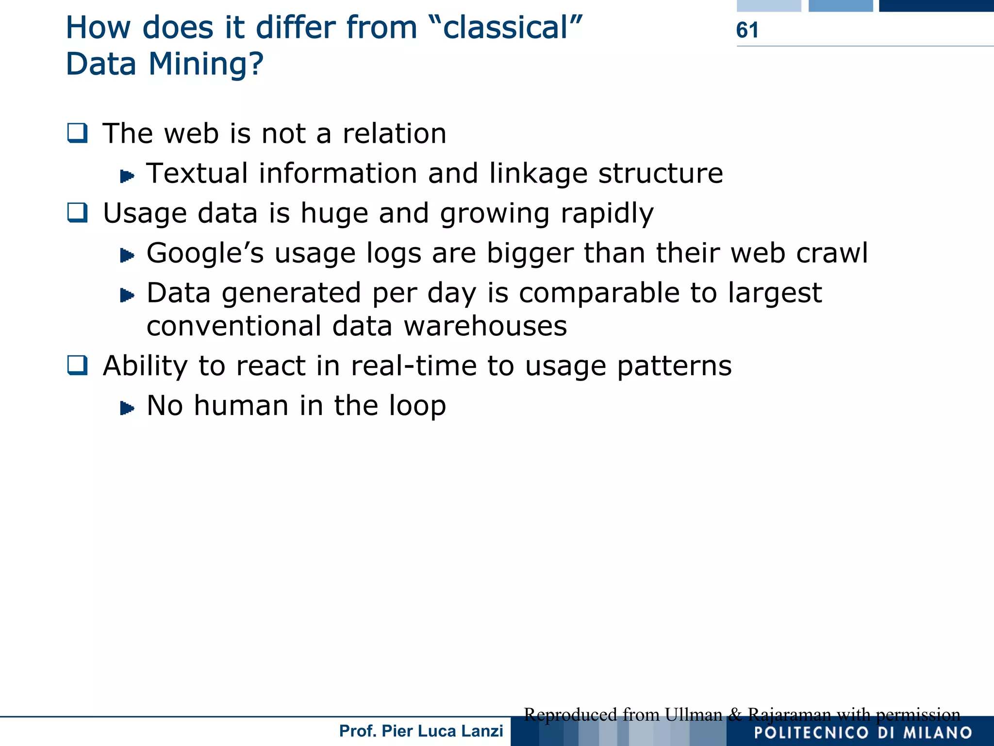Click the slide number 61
pyautogui.click(x=746, y=30)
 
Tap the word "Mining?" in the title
pyautogui.click(x=205, y=64)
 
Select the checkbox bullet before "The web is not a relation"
pyautogui.click(x=78, y=133)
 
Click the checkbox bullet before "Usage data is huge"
pyautogui.click(x=78, y=213)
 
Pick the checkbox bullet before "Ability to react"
pyautogui.click(x=78, y=365)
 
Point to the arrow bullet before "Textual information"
pyautogui.click(x=127, y=176)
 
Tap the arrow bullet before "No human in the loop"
pyautogui.click(x=127, y=408)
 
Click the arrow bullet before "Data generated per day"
pyautogui.click(x=127, y=295)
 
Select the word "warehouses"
pyautogui.click(x=485, y=326)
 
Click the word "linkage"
pyautogui.click(x=538, y=173)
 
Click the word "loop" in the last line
pyautogui.click(x=417, y=406)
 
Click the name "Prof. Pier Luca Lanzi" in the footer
pyautogui.click(x=421, y=731)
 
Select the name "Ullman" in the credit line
pyautogui.click(x=693, y=714)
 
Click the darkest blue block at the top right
pyautogui.click(x=936, y=5)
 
